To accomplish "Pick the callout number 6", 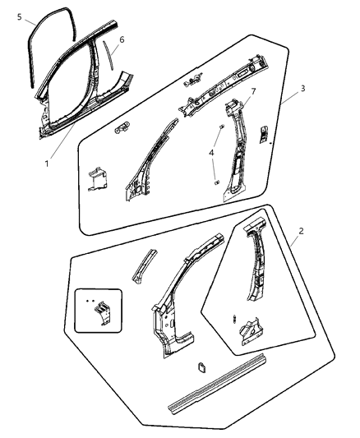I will pyautogui.click(x=121, y=39).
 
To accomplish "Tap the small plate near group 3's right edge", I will pyautogui.click(x=263, y=135).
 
